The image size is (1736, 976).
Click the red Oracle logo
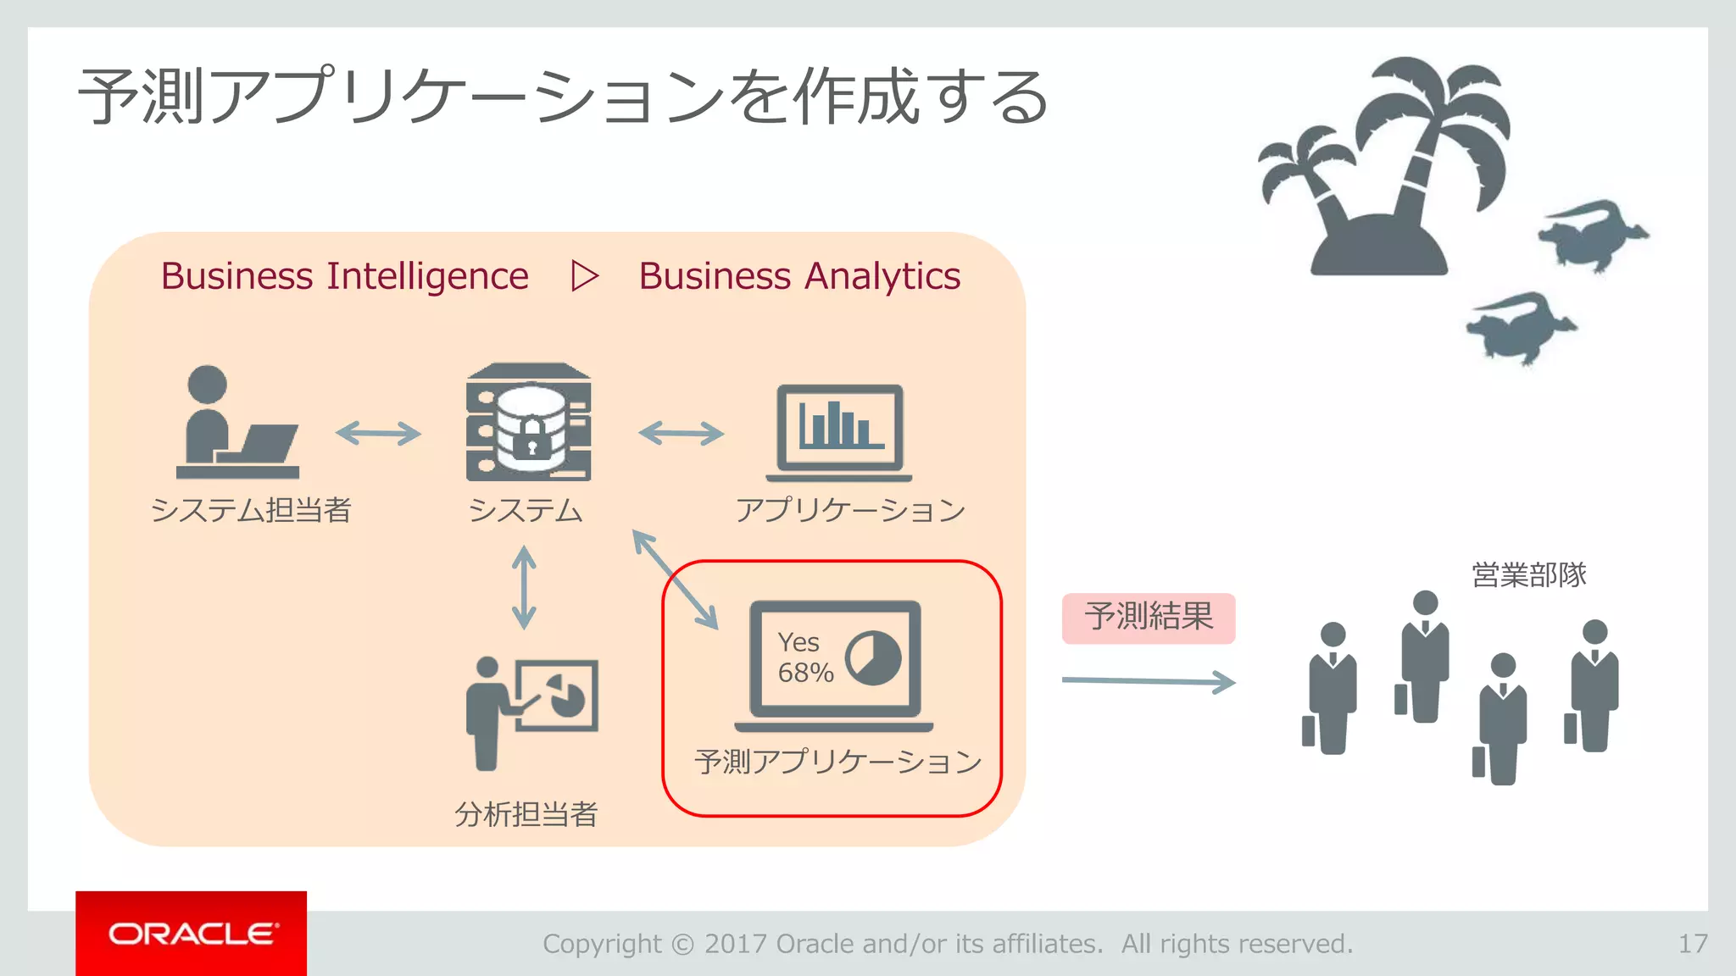191,933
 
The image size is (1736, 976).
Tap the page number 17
1693,943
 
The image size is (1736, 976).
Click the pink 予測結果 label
1149,618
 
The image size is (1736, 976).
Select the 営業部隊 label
1528,575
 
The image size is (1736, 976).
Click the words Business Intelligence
344,276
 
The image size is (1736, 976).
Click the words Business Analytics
799,276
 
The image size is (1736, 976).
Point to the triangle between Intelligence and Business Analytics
584,276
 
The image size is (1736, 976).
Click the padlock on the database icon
532,437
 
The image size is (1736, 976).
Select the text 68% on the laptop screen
805,673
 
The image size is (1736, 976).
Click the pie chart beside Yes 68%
873,658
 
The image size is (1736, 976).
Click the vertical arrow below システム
524,587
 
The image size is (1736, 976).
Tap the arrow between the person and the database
378,434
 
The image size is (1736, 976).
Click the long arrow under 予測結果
1149,681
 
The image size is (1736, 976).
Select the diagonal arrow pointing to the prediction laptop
676,579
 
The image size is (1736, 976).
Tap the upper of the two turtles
1592,233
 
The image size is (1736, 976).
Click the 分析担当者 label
526,814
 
